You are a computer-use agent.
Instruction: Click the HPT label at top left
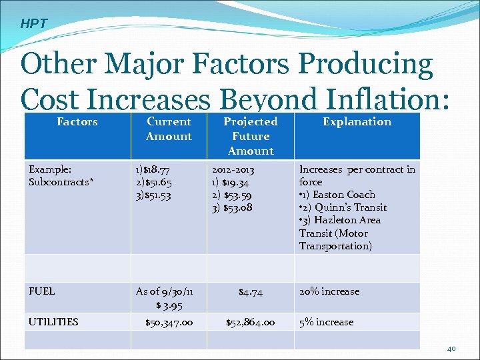(33, 23)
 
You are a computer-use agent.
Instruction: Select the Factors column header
(77, 121)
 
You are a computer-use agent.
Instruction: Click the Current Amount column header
(169, 129)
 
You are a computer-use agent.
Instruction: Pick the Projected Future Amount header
(251, 136)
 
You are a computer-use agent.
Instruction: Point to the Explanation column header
(357, 121)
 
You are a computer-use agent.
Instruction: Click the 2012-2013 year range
(233, 169)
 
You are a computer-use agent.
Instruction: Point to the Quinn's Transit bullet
(343, 207)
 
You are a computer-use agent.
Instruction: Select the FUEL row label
(42, 291)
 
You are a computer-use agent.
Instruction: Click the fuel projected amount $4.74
(251, 291)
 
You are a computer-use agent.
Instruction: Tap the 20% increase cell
(329, 291)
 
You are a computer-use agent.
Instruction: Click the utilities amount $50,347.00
(169, 322)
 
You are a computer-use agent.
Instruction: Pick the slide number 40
(451, 349)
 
